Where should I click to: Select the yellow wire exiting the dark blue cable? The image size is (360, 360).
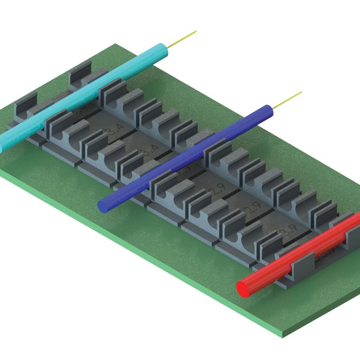[x=288, y=99]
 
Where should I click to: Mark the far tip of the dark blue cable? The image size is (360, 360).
[x=270, y=110]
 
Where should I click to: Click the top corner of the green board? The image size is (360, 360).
[x=116, y=44]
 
